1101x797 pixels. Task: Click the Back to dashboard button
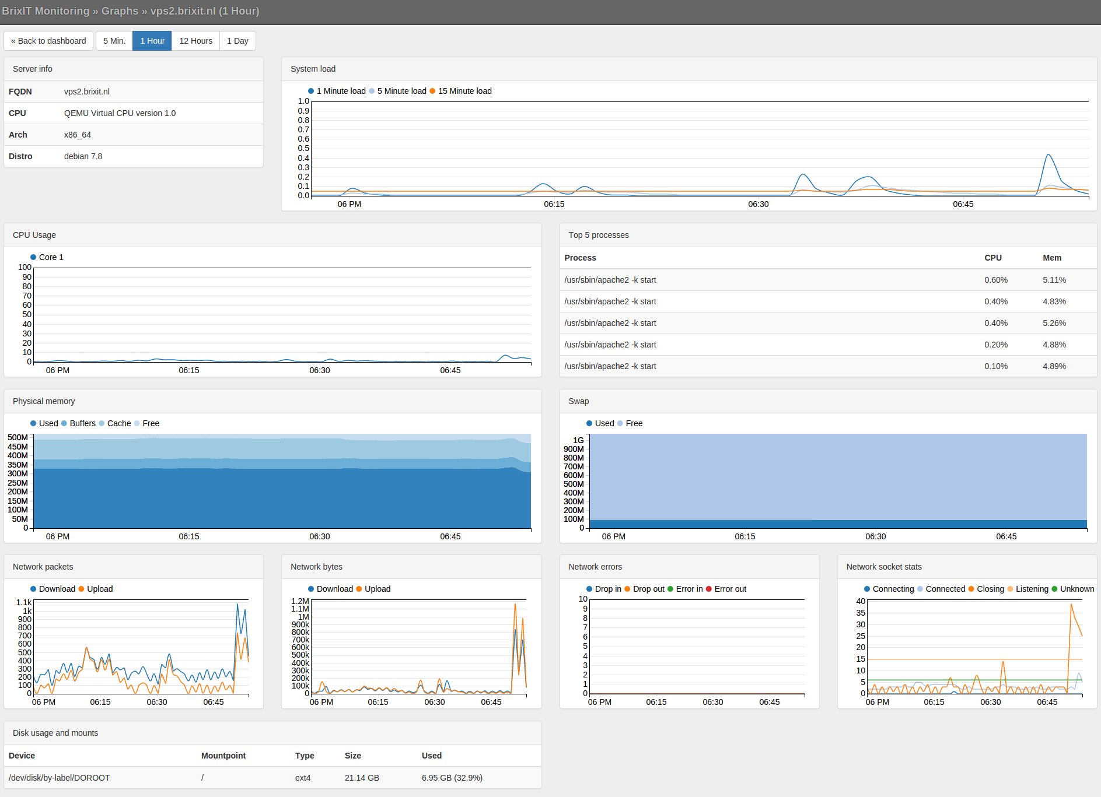pos(48,41)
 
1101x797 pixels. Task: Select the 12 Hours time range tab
pos(195,41)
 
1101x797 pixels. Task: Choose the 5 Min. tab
pos(114,41)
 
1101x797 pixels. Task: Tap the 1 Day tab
pos(237,41)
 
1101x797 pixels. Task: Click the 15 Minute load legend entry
pos(464,91)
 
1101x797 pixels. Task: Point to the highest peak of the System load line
pos(1048,155)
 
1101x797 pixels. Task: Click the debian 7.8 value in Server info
pos(83,156)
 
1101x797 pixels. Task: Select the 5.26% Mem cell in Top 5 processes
pos(1054,323)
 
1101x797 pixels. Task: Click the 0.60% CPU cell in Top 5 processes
pos(995,280)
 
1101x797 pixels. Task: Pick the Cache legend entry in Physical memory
pos(118,423)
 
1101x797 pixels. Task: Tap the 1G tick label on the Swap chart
pos(578,440)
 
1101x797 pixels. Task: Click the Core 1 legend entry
pos(51,257)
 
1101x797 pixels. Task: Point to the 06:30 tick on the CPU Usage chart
pos(320,370)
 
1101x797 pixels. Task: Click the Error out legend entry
pos(730,589)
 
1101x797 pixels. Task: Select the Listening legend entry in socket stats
pos(1031,589)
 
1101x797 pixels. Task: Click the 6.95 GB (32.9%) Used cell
pos(452,778)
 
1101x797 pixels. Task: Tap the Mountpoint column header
pos(223,756)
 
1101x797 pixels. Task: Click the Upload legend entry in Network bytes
pos(377,589)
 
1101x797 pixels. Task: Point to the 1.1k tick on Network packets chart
pos(24,602)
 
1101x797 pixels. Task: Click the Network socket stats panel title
pos(883,567)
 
